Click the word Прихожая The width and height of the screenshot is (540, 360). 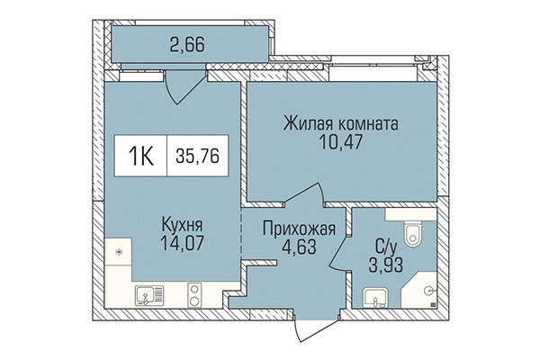(298, 229)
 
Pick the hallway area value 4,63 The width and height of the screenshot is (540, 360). (298, 247)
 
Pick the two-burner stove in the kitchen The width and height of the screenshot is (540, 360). (193, 292)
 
